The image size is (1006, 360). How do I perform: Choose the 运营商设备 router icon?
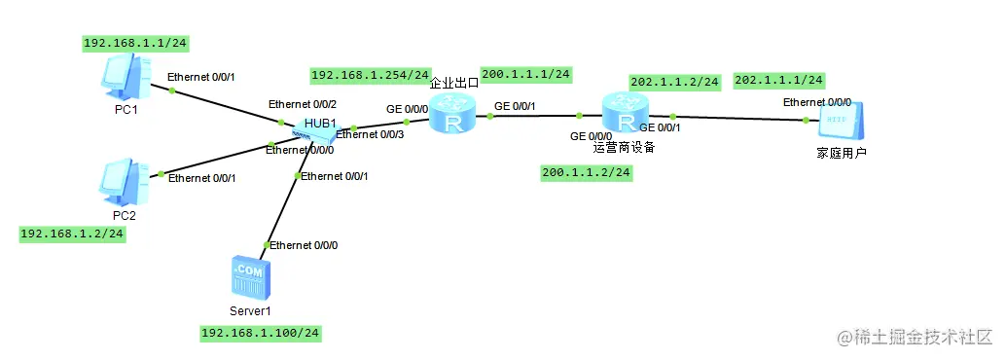click(623, 115)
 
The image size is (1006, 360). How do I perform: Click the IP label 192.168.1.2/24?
click(72, 234)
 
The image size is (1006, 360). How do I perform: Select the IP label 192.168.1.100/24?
click(260, 334)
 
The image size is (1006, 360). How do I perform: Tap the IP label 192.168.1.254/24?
click(370, 75)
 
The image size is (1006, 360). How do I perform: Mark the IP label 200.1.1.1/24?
click(525, 74)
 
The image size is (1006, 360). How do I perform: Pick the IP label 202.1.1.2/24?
click(674, 82)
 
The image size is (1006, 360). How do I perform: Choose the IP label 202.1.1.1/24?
click(778, 80)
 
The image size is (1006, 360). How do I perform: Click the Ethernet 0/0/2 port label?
click(302, 104)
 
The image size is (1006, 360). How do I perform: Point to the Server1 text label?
click(250, 310)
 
